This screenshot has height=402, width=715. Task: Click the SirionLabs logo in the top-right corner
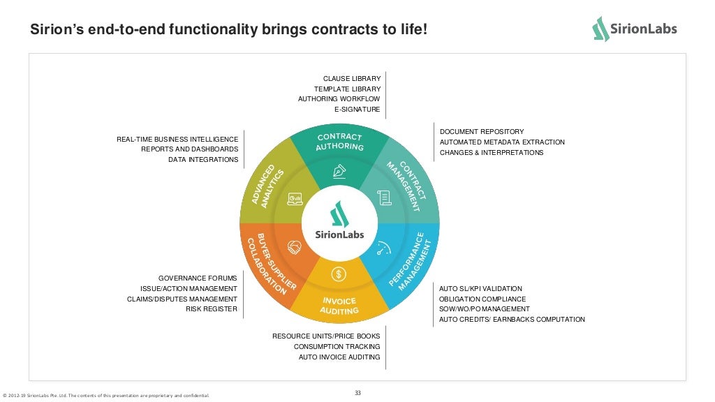pos(634,29)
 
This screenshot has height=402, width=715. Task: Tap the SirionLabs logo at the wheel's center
pos(339,219)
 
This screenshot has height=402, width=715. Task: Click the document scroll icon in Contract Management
pos(383,198)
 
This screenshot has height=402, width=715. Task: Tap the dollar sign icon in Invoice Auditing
pos(339,274)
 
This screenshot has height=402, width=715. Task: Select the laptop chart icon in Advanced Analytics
pos(295,199)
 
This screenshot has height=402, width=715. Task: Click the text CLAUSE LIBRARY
pos(351,79)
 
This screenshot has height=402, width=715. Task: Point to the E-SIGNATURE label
pos(357,110)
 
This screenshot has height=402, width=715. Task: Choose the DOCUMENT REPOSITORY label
pos(481,132)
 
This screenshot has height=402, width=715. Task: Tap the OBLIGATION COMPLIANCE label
pos(482,299)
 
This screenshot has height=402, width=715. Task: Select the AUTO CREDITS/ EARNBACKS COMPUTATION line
pos(511,320)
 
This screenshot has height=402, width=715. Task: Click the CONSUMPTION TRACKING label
pos(337,347)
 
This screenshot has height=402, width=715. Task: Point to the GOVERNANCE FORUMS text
pos(198,278)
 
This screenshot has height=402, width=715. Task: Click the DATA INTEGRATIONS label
pos(202,160)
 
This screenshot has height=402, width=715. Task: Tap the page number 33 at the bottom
pos(357,393)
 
